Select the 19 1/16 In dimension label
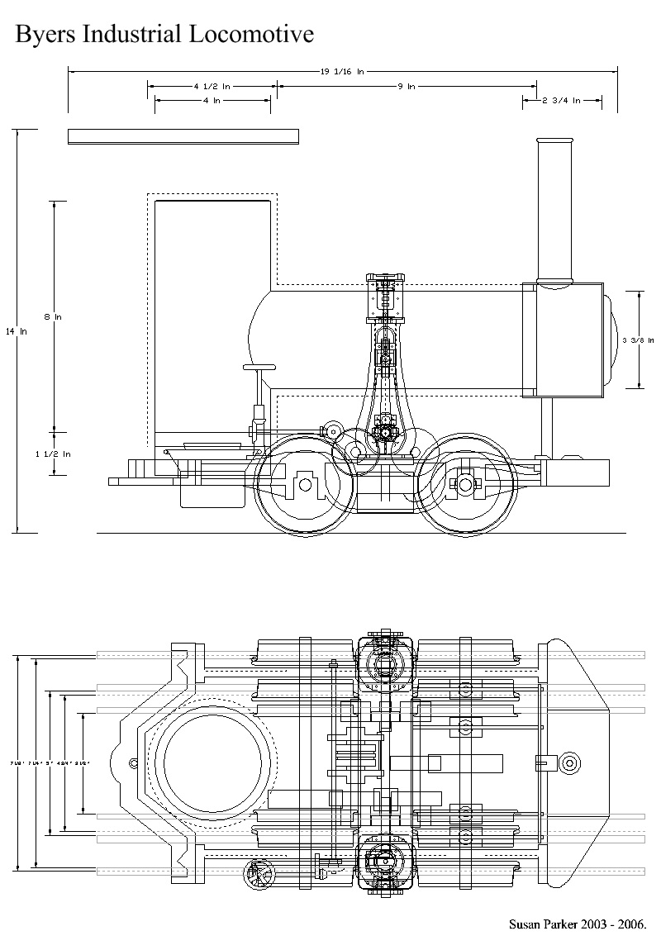(x=342, y=72)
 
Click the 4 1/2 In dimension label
(x=212, y=86)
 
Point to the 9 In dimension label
(x=407, y=86)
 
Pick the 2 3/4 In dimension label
(x=561, y=101)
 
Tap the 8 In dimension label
(x=55, y=316)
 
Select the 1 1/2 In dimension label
(x=55, y=454)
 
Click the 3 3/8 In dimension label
(x=638, y=340)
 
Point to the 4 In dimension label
(x=212, y=101)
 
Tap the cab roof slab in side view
(x=183, y=136)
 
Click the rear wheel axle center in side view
(x=305, y=485)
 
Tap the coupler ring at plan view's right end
(x=569, y=762)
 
